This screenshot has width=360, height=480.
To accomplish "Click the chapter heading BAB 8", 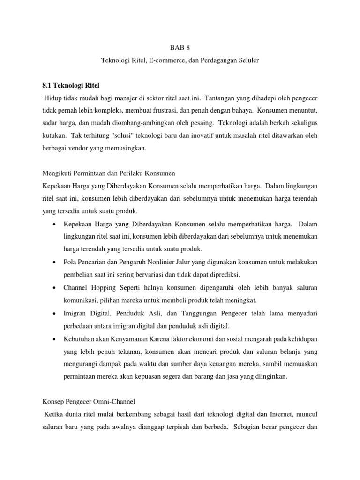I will pos(180,47).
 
